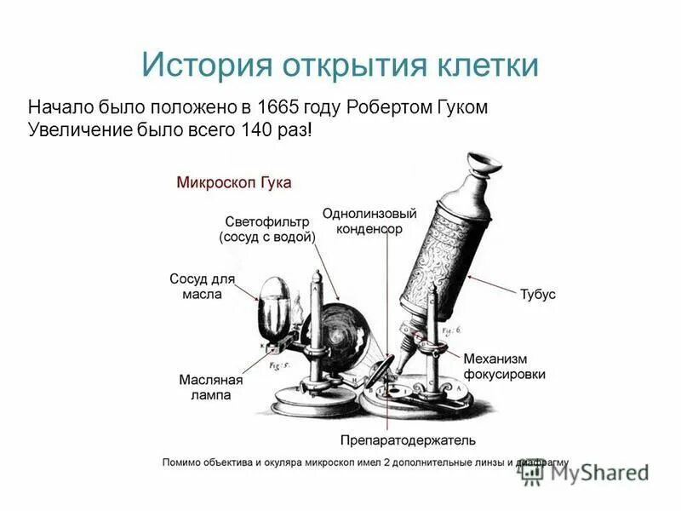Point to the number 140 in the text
pos(245,131)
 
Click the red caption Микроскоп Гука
pos(233,182)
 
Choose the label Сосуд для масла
pos(202,286)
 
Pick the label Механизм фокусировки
pos(504,366)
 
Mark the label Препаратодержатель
pos(408,440)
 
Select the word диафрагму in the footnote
pos(541,462)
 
